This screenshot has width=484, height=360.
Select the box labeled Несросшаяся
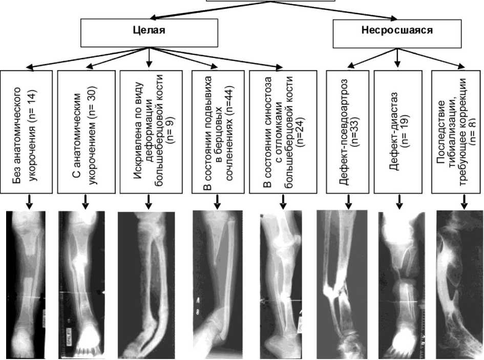396,30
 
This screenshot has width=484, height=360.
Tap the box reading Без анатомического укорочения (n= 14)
26,132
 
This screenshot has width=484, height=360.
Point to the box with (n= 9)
149,132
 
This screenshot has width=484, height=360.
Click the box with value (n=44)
217,132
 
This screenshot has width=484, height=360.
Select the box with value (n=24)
281,132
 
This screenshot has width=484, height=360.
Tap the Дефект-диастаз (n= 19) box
398,132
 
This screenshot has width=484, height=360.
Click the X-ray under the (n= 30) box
82,285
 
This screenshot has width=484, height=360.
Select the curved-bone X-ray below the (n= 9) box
148,285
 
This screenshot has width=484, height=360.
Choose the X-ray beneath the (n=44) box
218,285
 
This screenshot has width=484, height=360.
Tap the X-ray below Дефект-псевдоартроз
342,285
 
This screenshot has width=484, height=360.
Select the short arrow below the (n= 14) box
29,202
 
